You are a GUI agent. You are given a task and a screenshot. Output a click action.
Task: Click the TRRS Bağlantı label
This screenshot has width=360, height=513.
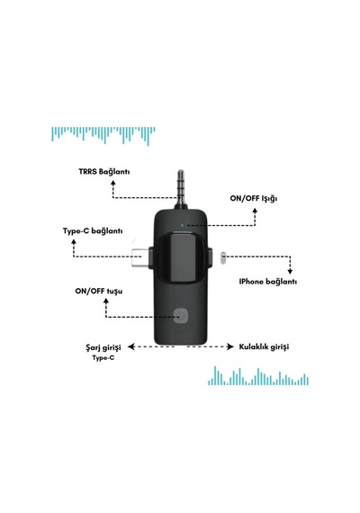(x=104, y=172)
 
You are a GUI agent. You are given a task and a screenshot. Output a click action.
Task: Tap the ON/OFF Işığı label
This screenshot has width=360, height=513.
(x=254, y=199)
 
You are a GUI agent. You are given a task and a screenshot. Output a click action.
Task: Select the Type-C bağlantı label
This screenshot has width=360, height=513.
(x=93, y=231)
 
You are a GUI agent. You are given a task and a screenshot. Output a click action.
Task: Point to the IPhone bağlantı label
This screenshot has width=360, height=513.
(x=268, y=282)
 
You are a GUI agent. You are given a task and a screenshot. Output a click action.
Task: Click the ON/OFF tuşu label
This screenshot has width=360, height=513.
(x=99, y=292)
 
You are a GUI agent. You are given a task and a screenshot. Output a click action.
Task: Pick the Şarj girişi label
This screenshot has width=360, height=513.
(x=103, y=347)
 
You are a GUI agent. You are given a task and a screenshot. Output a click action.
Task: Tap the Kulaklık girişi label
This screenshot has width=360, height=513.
(x=264, y=346)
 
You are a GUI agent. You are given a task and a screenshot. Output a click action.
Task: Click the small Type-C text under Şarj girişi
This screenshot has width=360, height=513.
(x=103, y=358)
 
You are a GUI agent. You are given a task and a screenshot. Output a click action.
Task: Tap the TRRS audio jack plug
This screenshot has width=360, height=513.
(x=181, y=189)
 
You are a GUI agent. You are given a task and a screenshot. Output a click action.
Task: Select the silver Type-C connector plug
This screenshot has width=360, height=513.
(x=140, y=257)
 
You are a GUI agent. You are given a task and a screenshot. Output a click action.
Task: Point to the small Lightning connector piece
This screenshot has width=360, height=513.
(x=223, y=257)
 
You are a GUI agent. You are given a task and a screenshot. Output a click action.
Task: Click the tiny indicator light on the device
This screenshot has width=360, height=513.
(x=182, y=225)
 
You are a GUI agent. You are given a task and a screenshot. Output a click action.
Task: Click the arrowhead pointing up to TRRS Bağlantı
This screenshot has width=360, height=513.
(x=113, y=183)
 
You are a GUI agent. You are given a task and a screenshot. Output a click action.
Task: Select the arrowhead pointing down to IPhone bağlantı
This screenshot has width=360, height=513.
(x=290, y=271)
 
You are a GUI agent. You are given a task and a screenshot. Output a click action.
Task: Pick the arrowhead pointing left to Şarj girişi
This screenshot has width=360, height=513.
(x=131, y=346)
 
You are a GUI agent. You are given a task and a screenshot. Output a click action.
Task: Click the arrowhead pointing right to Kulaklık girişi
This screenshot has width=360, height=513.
(x=230, y=346)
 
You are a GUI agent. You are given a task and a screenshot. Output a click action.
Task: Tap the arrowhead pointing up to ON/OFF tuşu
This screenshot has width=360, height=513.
(x=106, y=301)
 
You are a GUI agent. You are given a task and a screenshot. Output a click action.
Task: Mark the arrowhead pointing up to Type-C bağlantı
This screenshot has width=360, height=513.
(x=74, y=242)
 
